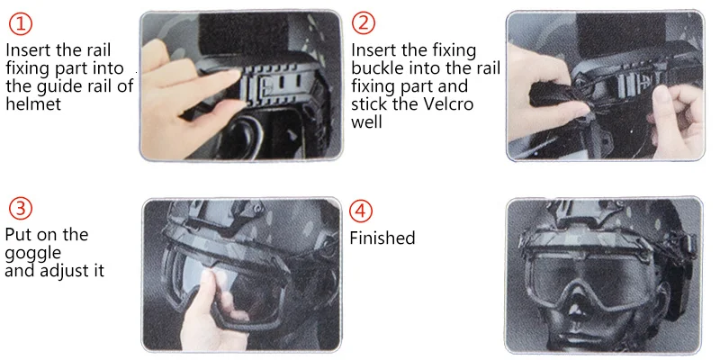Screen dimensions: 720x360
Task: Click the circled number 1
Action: pyautogui.click(x=20, y=24)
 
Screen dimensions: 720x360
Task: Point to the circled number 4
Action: pyautogui.click(x=361, y=211)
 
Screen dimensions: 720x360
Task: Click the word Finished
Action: pyautogui.click(x=382, y=238)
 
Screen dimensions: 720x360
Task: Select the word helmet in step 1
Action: pyautogui.click(x=33, y=103)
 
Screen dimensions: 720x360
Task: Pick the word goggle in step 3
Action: pyautogui.click(x=32, y=254)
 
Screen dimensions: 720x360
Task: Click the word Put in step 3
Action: pyautogui.click(x=18, y=234)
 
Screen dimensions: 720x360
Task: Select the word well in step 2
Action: pyautogui.click(x=366, y=122)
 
